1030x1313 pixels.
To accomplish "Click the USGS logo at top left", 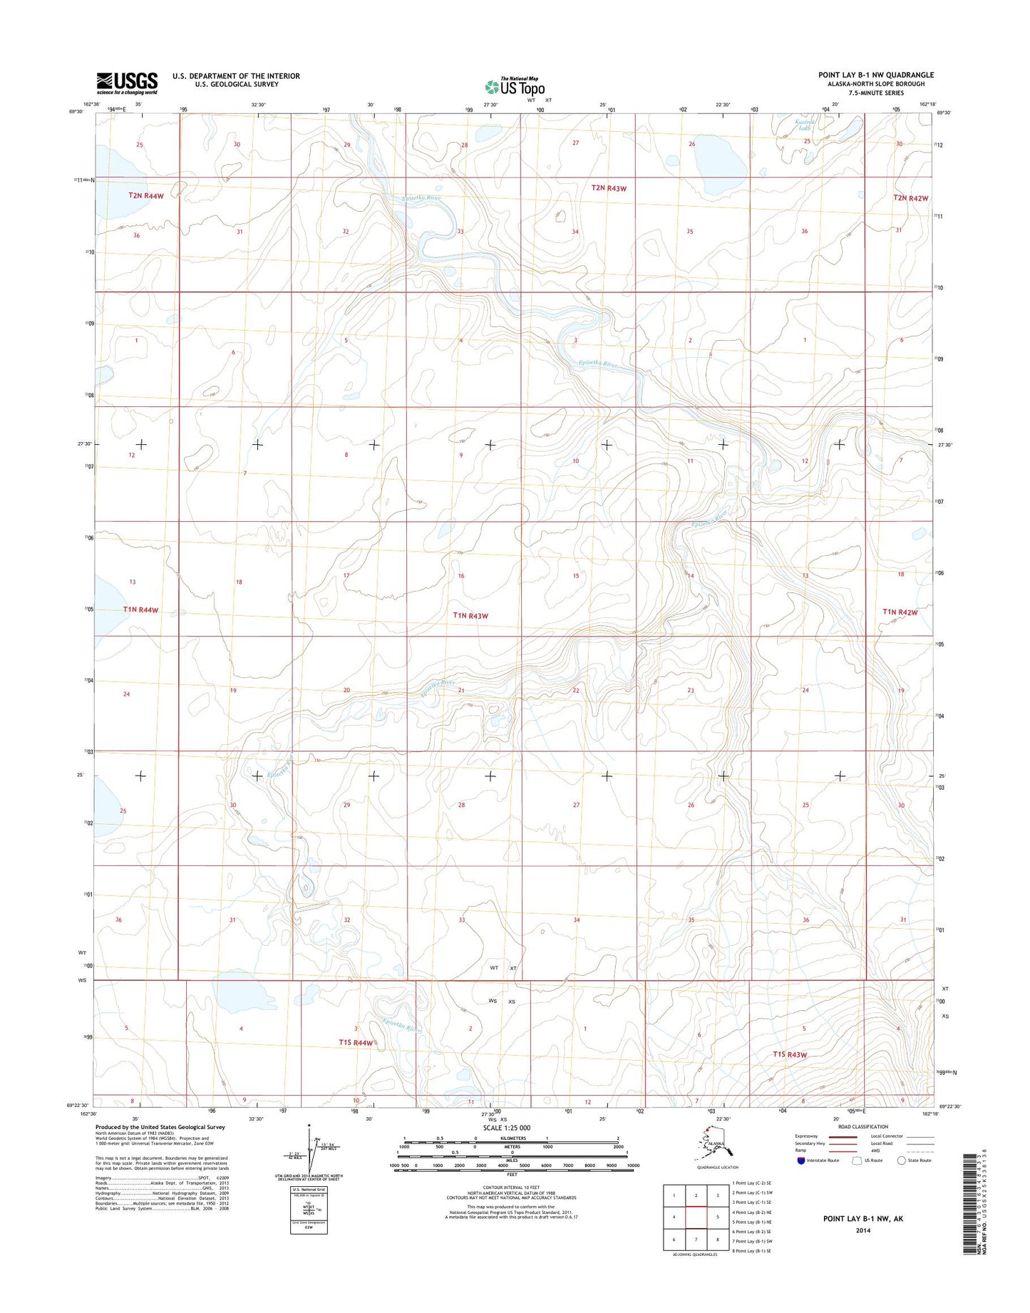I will (127, 83).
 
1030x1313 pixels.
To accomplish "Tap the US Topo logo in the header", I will (515, 86).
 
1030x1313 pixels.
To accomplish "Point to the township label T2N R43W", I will (609, 188).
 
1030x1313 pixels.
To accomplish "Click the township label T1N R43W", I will (471, 615).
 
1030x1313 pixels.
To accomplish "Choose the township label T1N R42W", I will (900, 612).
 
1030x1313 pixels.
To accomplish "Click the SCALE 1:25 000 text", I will (507, 1128).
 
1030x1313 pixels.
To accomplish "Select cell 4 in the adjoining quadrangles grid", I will (674, 1217).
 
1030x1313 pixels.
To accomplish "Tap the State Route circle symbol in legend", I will (901, 1160).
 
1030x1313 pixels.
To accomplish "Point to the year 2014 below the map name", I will (864, 1230).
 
